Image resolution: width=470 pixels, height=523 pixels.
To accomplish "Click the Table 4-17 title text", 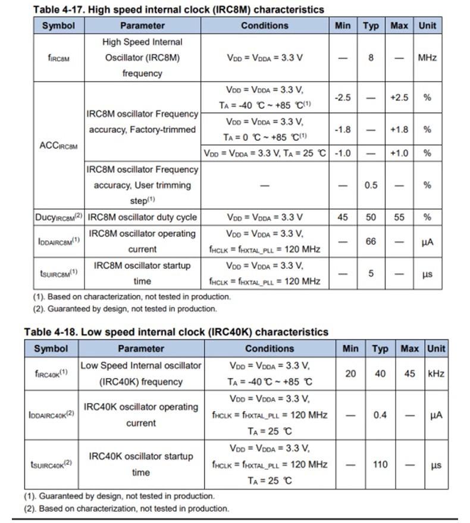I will (178, 10).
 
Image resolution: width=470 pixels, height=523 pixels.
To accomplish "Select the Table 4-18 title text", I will (176, 332).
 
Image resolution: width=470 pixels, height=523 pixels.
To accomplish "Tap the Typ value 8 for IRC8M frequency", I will (371, 58).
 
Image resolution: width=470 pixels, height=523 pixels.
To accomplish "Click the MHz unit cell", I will (427, 58).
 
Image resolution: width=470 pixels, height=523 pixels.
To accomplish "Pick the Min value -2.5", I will (343, 97).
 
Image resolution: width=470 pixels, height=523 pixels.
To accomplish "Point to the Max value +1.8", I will (399, 129).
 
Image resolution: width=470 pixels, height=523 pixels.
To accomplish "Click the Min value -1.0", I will (343, 153).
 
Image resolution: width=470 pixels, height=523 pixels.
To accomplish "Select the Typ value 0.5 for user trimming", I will (371, 185).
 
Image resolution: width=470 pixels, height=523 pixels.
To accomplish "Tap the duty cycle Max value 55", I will (399, 217).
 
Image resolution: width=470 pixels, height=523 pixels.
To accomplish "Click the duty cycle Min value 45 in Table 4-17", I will (343, 217).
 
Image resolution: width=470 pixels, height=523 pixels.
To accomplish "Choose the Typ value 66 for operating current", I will (371, 242).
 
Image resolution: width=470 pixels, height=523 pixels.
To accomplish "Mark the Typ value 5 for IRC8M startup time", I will (371, 274).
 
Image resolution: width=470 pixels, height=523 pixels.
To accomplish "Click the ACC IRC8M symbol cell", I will (58, 146).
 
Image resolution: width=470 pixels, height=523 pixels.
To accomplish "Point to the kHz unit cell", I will (436, 374).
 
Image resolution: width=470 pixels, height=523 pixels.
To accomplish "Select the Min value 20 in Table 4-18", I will (350, 374).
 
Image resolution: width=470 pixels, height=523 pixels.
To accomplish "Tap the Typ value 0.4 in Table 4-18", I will (380, 415).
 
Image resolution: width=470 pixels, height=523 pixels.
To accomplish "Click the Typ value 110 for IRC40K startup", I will (380, 464).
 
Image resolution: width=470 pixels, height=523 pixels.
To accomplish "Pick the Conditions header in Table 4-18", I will (270, 348).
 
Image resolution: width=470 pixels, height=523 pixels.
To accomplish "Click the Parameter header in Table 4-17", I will (142, 26).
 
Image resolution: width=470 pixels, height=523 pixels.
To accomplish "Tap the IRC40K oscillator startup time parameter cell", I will (141, 464).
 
